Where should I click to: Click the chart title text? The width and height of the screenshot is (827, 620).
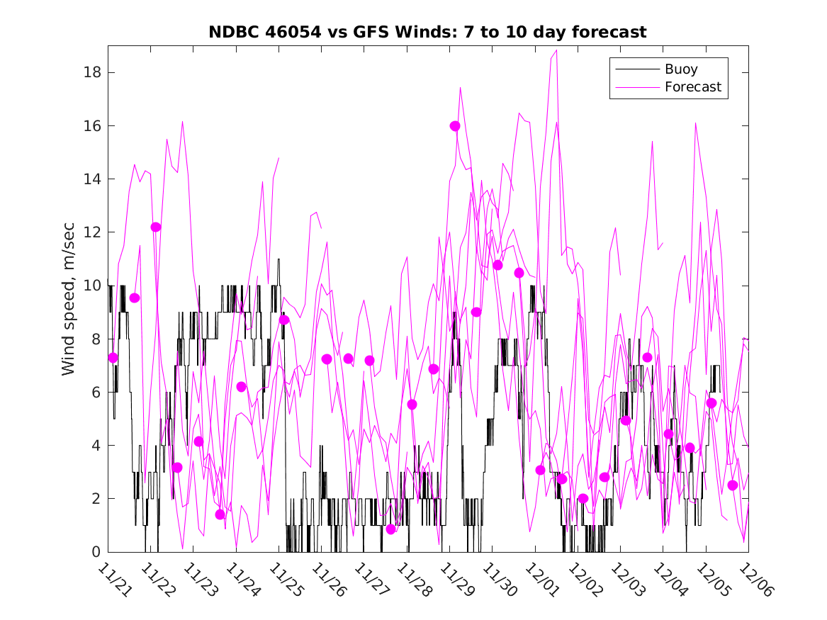tap(427, 33)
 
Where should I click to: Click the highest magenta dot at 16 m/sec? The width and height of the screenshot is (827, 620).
tap(455, 125)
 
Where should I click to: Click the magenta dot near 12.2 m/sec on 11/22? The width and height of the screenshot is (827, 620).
tap(156, 227)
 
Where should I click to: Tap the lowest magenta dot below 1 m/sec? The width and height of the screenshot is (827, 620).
tap(390, 529)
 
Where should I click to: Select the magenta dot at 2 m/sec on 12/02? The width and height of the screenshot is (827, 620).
tap(583, 498)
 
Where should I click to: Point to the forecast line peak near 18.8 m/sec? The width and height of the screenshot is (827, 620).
tap(557, 50)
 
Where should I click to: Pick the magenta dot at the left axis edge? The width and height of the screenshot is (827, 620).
tap(113, 358)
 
